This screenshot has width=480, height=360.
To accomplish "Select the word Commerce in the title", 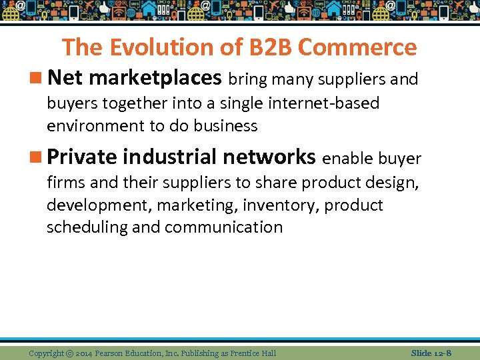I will coord(357,47).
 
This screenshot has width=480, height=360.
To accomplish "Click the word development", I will coord(99,205).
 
